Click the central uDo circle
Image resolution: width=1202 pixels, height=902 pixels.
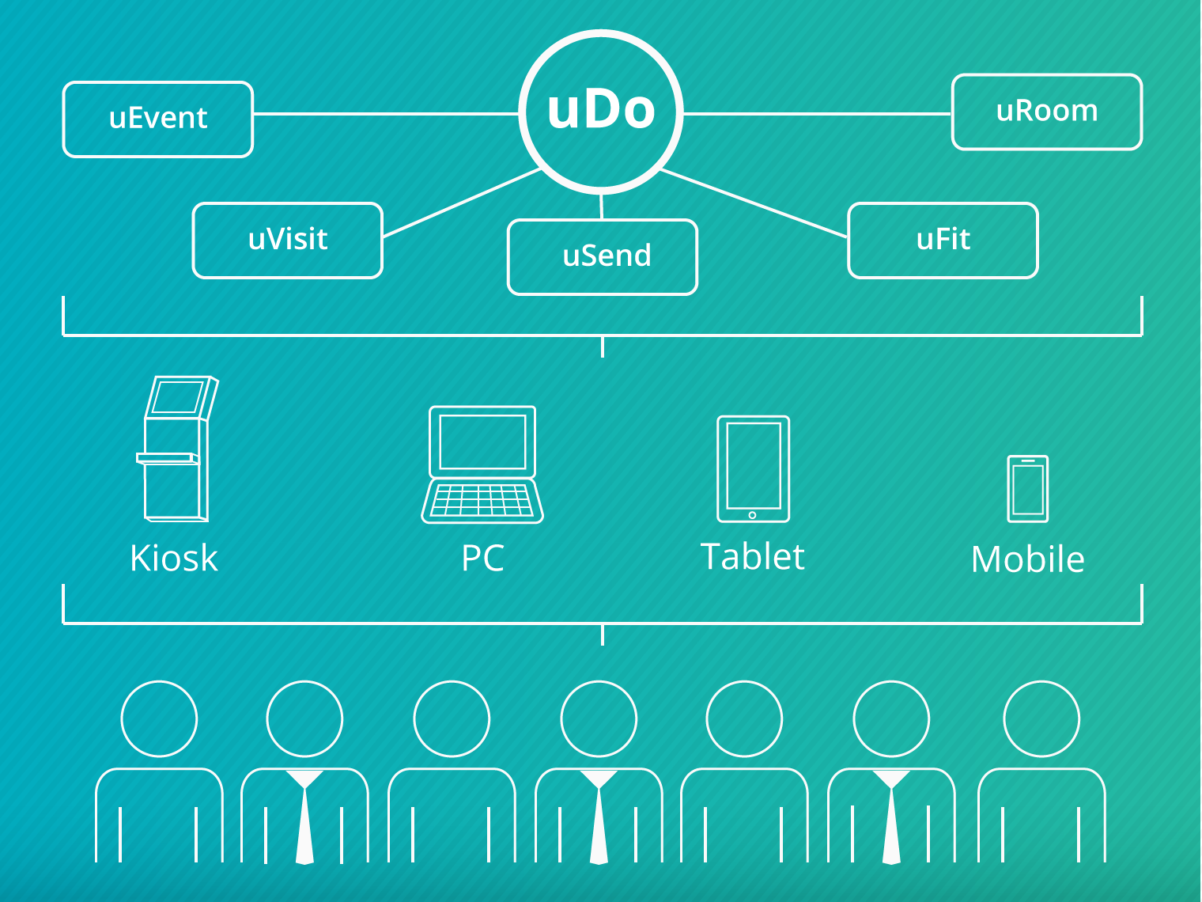pyautogui.click(x=601, y=111)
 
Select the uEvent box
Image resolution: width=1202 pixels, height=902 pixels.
pyautogui.click(x=158, y=119)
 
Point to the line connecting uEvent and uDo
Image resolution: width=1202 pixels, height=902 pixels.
pyautogui.click(x=386, y=114)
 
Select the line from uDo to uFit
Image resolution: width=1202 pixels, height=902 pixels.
pyautogui.click(x=754, y=203)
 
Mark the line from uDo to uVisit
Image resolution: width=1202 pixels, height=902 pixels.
pyautogui.click(x=463, y=203)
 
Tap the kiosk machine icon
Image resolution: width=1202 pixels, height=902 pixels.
pyautogui.click(x=176, y=449)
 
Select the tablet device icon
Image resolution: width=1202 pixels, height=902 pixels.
pyautogui.click(x=753, y=469)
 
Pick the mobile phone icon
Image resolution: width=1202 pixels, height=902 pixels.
pyautogui.click(x=1028, y=489)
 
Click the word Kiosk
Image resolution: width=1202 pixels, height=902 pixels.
pyautogui.click(x=174, y=559)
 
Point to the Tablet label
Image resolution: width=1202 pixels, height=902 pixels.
pyautogui.click(x=753, y=557)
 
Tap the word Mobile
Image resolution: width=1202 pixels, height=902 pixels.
pyautogui.click(x=1028, y=560)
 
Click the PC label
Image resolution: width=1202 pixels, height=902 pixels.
pyautogui.click(x=482, y=559)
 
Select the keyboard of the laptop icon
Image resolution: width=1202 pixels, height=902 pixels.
pyautogui.click(x=482, y=501)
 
